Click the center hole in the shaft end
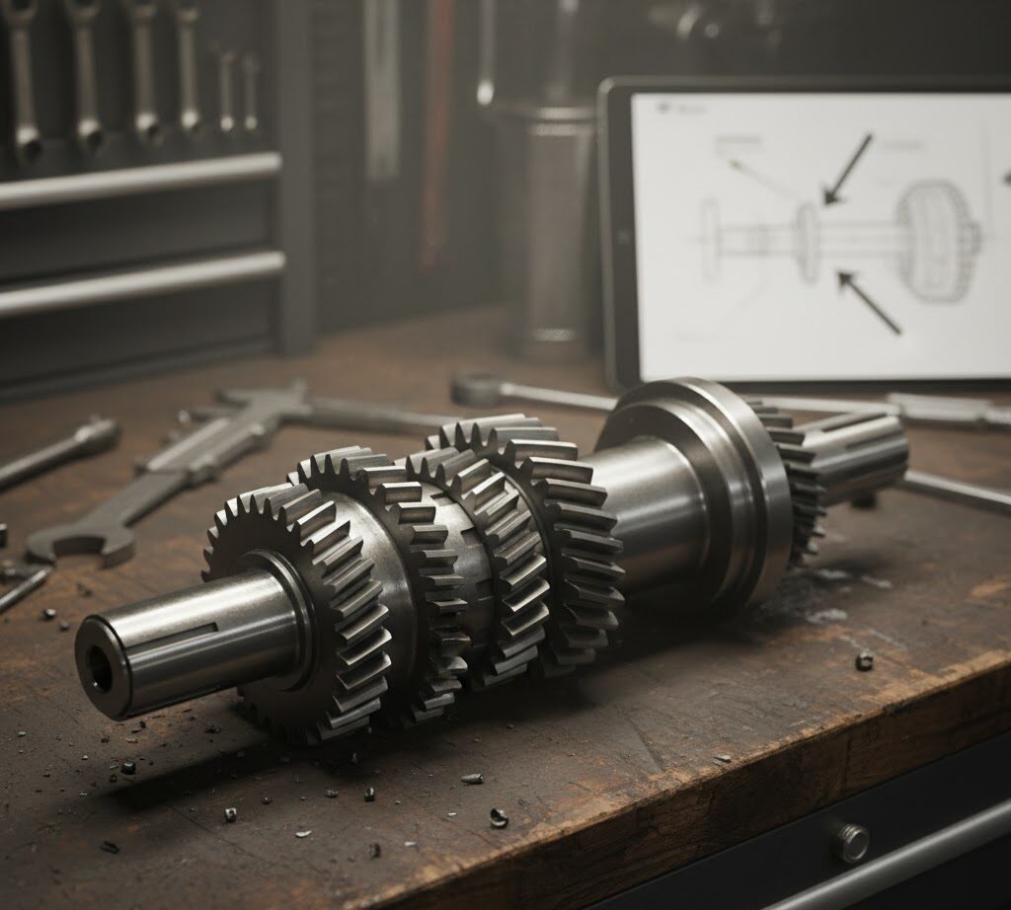click(x=100, y=670)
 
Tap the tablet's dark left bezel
click(x=617, y=237)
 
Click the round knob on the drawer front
click(x=851, y=842)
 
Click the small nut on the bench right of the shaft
click(x=864, y=660)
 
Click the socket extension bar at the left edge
click(x=59, y=454)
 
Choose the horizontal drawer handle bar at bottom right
click(x=889, y=869)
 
